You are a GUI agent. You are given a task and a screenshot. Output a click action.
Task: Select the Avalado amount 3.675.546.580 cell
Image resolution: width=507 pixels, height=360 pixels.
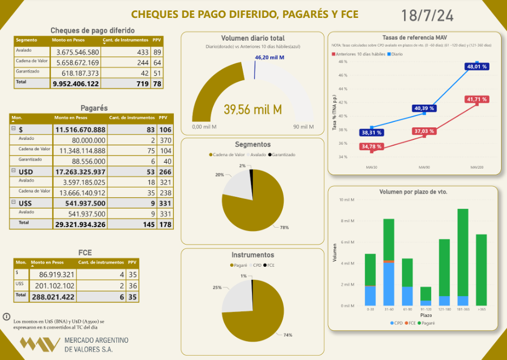pyautogui.click(x=75, y=52)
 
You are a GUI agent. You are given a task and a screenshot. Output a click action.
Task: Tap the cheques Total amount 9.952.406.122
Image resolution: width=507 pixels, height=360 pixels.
pyautogui.click(x=76, y=83)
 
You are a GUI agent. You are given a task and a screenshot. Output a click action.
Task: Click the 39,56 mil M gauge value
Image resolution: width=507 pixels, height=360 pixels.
pyautogui.click(x=253, y=110)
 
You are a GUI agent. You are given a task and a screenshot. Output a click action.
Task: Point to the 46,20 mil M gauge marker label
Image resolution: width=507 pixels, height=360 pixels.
pyautogui.click(x=269, y=57)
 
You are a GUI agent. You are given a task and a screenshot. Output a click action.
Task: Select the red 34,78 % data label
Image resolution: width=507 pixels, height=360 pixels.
pyautogui.click(x=371, y=146)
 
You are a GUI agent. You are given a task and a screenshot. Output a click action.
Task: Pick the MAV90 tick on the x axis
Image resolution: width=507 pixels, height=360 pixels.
pyautogui.click(x=424, y=167)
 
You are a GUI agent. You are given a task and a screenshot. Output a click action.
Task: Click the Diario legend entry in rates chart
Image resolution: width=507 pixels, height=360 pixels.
pyautogui.click(x=395, y=55)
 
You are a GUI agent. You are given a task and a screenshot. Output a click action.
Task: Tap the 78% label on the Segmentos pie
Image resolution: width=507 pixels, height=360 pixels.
pyautogui.click(x=284, y=228)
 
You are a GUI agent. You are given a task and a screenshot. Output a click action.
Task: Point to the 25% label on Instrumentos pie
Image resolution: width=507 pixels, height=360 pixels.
pyautogui.click(x=217, y=287)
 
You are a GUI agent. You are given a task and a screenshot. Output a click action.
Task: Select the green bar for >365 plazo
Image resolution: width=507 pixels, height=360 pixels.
pyautogui.click(x=481, y=269)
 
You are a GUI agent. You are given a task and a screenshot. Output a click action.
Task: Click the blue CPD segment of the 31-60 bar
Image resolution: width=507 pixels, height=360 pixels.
pyautogui.click(x=388, y=284)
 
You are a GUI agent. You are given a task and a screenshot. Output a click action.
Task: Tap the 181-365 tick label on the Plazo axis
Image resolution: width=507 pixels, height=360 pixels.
pyautogui.click(x=463, y=310)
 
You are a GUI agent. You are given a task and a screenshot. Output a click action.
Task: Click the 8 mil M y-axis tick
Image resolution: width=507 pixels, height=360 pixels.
pyautogui.click(x=347, y=221)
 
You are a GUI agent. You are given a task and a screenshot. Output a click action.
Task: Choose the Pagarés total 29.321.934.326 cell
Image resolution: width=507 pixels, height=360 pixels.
pyautogui.click(x=80, y=224)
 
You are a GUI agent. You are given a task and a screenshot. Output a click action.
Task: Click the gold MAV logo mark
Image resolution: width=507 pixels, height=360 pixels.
pyautogui.click(x=40, y=344)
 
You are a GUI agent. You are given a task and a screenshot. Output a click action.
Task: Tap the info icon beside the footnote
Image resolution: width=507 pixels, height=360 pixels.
pyautogui.click(x=6, y=316)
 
